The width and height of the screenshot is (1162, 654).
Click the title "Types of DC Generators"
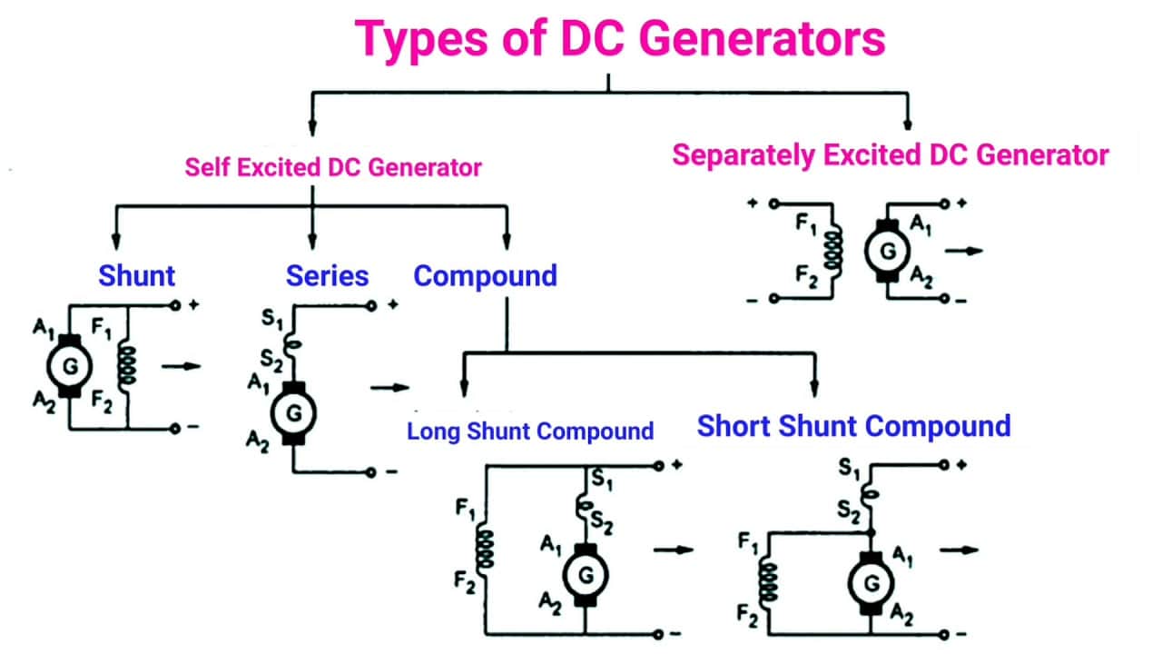tap(620, 39)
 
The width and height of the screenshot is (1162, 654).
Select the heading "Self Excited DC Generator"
tap(333, 167)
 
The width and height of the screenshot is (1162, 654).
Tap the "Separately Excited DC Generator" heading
tap(890, 154)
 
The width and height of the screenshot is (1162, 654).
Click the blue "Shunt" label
tap(137, 275)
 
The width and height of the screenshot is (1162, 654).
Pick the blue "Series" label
tap(328, 275)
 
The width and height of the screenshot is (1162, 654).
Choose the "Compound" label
tap(485, 275)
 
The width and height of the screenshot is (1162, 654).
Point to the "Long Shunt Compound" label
tap(530, 431)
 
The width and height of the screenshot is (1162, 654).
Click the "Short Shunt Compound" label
tap(853, 426)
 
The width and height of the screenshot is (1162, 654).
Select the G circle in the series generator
tap(293, 414)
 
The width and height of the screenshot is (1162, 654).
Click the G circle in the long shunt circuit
tap(586, 574)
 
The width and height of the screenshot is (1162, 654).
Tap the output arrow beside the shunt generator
tap(180, 366)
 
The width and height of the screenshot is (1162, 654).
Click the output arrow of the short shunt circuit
tap(960, 550)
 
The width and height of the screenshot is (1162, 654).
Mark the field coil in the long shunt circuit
tap(486, 548)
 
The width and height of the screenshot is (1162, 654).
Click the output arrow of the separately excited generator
tap(964, 250)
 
